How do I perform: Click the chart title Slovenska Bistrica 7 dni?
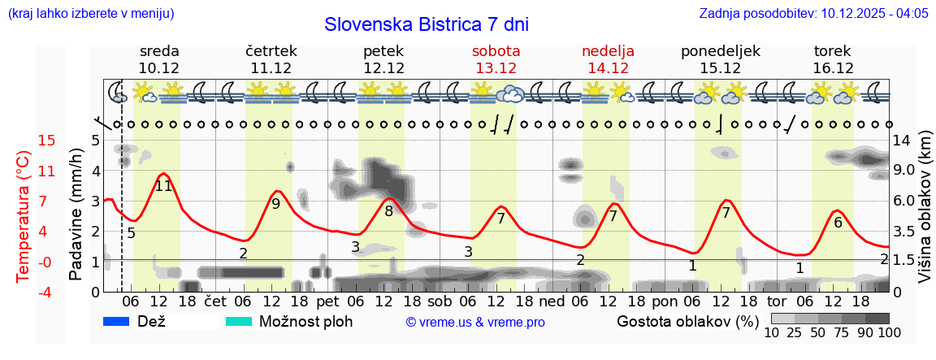[426, 24]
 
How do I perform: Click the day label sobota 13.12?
[496, 59]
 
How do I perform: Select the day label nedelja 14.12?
[608, 59]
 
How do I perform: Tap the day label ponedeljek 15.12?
[720, 59]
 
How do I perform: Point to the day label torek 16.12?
[833, 59]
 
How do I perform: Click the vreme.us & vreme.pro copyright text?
[475, 323]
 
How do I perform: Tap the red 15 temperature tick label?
[24, 141]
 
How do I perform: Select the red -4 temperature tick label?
[24, 292]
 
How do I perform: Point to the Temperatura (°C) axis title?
[24, 216]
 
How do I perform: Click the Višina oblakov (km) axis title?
[925, 216]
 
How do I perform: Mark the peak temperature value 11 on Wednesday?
[163, 186]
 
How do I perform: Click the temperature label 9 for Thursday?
[276, 204]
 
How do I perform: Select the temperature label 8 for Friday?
[389, 212]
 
